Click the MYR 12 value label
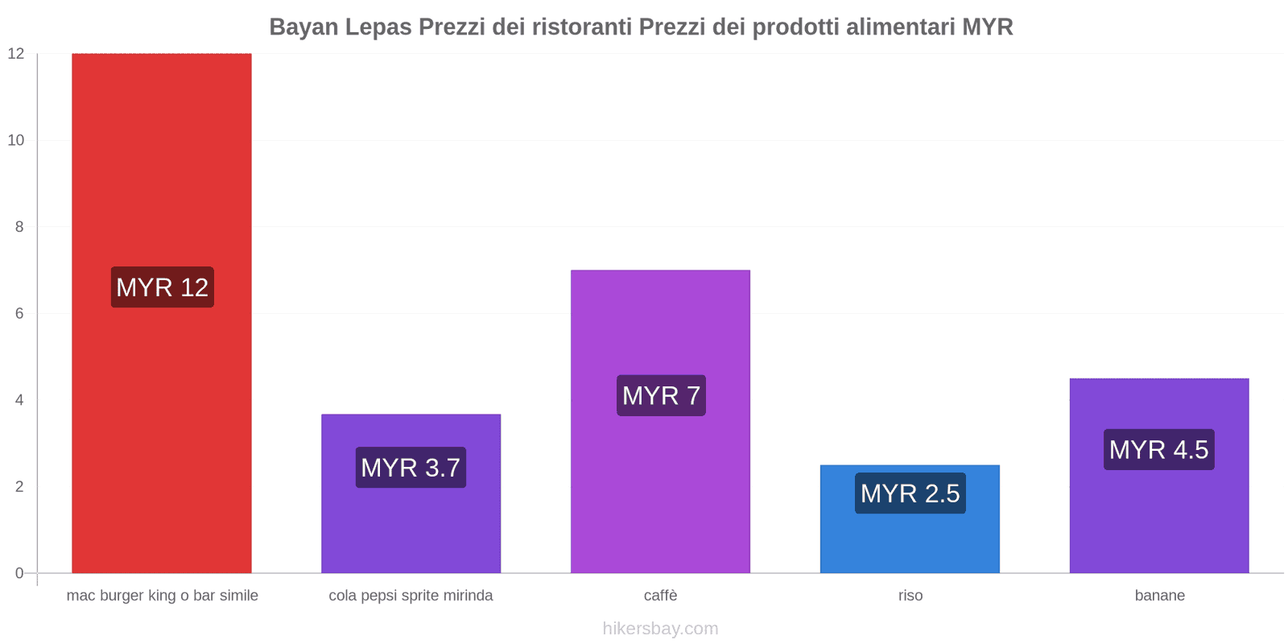162,287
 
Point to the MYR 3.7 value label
411,468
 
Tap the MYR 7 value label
661,395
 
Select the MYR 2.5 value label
910,493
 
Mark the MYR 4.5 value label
1158,450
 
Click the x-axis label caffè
660,596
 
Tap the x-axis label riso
910,596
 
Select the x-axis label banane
1159,596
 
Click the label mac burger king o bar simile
162,596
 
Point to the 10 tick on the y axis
16,140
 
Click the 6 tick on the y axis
19,313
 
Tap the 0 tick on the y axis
19,573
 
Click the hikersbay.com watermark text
660,629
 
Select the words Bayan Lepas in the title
341,27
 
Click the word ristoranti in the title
582,27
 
